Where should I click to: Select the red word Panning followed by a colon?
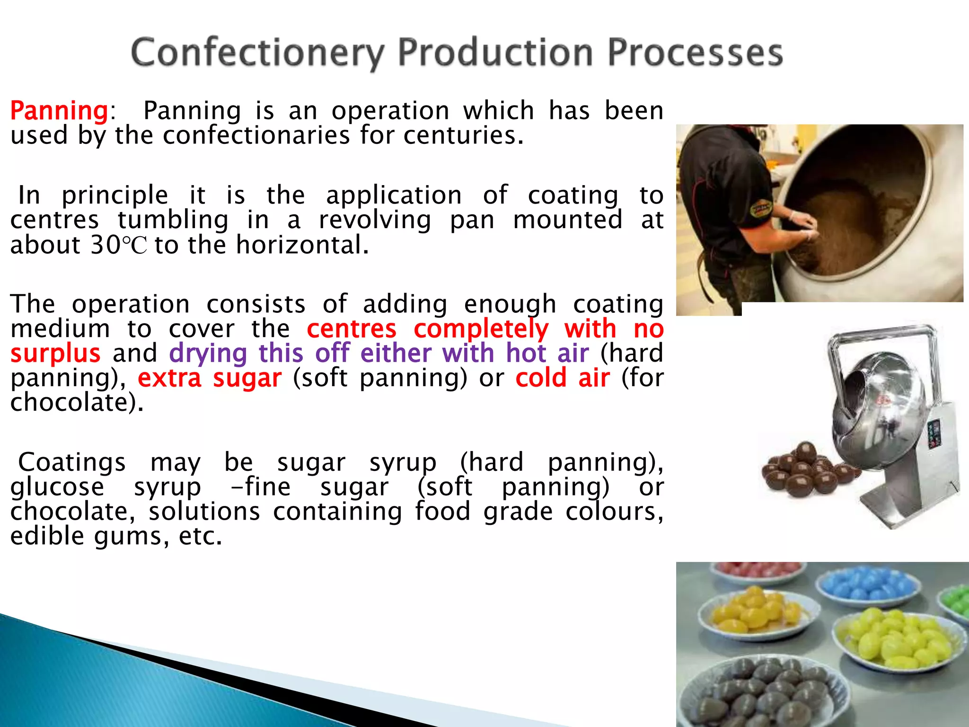coord(60,111)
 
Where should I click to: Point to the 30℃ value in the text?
coord(119,245)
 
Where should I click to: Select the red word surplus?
coord(55,354)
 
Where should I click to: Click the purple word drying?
coord(208,354)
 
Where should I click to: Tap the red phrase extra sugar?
coord(210,378)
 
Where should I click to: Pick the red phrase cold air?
coord(562,378)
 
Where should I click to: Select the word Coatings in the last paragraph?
coord(72,462)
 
